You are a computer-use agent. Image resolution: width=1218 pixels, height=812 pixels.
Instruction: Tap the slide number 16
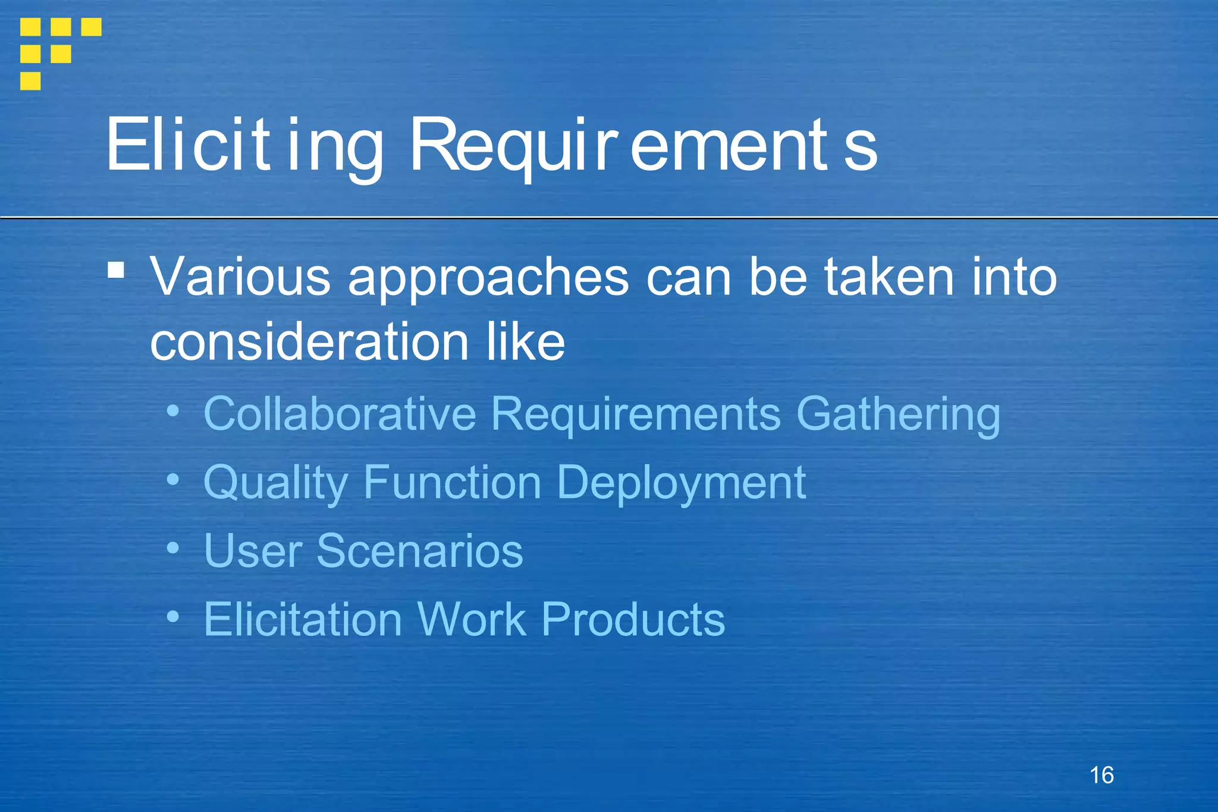click(1101, 775)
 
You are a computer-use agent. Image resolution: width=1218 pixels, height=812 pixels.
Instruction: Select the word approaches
click(488, 278)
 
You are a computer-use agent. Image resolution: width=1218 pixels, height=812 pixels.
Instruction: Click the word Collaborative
click(340, 413)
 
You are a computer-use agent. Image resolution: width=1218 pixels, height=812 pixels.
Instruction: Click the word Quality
click(275, 483)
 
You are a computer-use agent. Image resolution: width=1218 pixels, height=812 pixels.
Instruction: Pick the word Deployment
click(681, 483)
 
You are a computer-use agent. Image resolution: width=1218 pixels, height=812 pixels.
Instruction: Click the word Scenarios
click(419, 551)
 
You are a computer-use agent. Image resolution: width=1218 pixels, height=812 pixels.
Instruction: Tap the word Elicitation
click(303, 619)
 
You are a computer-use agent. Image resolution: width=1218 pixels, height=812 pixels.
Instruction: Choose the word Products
click(633, 619)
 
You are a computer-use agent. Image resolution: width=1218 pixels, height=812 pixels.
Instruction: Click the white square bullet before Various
click(116, 271)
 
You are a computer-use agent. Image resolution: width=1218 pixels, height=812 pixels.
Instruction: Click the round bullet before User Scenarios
click(172, 548)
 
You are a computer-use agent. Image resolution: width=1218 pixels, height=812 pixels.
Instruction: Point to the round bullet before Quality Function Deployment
click(172, 479)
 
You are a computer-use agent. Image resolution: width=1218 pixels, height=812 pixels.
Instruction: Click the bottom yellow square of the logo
click(30, 81)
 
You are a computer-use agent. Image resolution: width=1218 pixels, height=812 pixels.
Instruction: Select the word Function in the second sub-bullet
click(452, 482)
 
